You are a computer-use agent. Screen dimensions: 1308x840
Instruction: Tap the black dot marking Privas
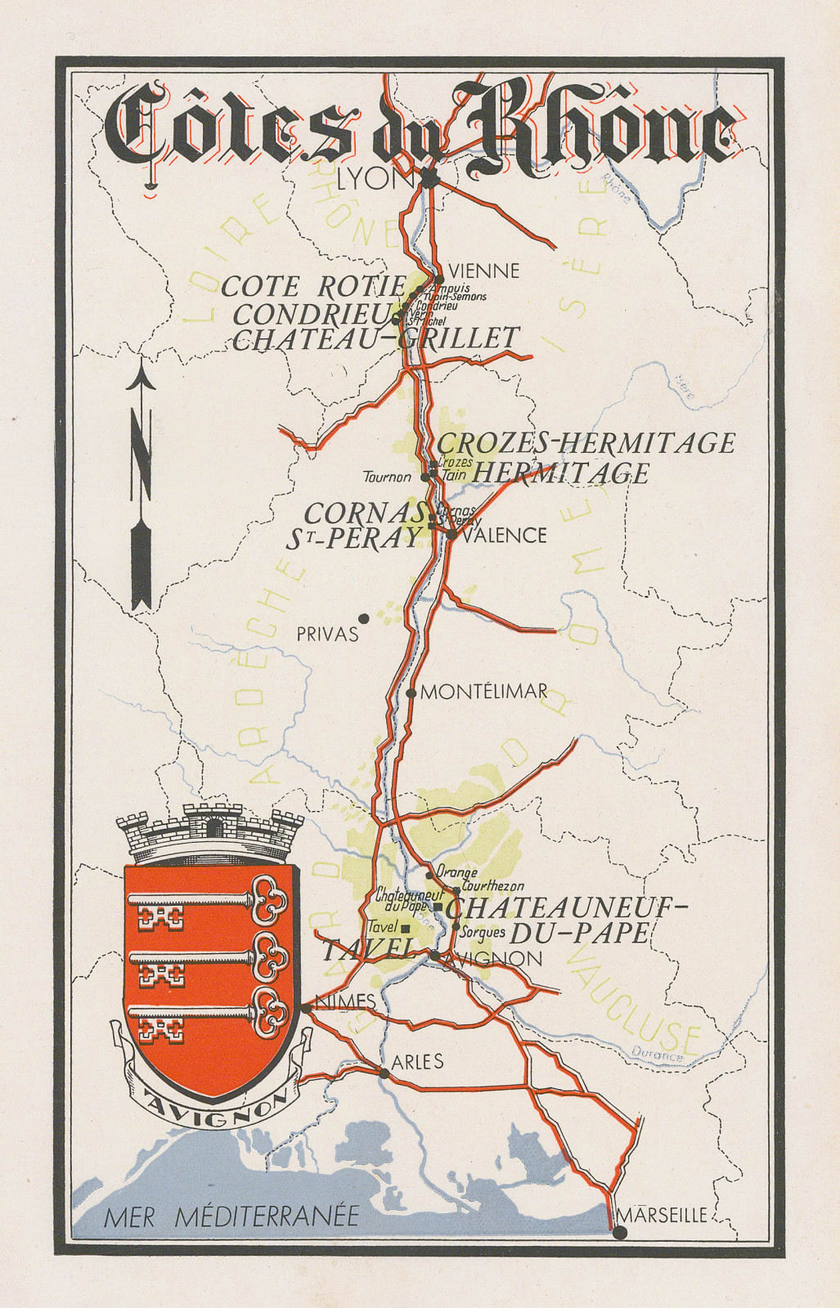pyautogui.click(x=364, y=619)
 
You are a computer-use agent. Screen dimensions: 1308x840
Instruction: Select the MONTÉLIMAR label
pyautogui.click(x=483, y=692)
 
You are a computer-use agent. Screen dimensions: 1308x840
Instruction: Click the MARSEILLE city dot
pyautogui.click(x=620, y=1233)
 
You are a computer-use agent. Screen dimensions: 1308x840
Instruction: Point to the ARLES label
pyautogui.click(x=417, y=1062)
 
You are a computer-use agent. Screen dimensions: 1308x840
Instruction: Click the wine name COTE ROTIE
pyautogui.click(x=313, y=286)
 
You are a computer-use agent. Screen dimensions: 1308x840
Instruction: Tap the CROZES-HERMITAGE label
pyautogui.click(x=586, y=443)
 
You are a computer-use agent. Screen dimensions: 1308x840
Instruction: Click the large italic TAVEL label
pyautogui.click(x=365, y=951)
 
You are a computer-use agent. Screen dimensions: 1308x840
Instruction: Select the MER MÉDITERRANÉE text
pyautogui.click(x=231, y=1216)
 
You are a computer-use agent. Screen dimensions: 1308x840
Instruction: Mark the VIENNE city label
pyautogui.click(x=484, y=271)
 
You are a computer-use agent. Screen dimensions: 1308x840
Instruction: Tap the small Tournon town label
pyautogui.click(x=388, y=476)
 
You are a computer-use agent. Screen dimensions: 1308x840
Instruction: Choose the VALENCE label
pyautogui.click(x=504, y=535)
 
